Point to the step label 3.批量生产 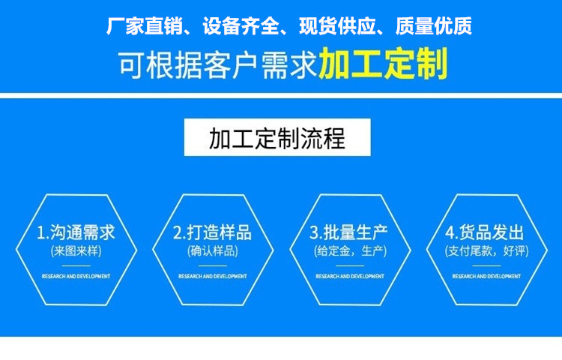[x=349, y=231]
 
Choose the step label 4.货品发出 [x=486, y=231]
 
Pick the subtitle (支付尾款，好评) [x=486, y=250]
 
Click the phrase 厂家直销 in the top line [x=142, y=28]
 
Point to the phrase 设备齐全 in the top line [x=241, y=28]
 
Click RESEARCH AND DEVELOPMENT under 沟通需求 [x=76, y=276]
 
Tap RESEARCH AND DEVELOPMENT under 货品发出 [x=486, y=276]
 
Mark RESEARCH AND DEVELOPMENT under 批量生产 [x=349, y=276]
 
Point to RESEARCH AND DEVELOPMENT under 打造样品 [x=212, y=276]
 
